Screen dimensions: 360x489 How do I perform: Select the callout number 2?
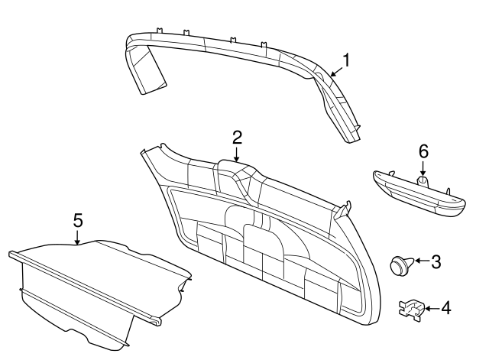tap(237, 138)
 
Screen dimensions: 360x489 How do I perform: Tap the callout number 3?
tap(436, 262)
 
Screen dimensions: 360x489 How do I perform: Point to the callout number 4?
tap(446, 309)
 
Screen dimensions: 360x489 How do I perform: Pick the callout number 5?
tap(77, 220)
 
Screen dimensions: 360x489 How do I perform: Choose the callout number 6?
tap(423, 151)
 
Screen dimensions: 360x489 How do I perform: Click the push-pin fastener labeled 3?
tap(400, 265)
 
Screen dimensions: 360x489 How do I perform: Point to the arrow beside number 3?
tap(420, 262)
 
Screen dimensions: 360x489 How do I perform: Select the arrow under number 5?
tap(77, 237)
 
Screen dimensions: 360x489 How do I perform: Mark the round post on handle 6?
tap(423, 181)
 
